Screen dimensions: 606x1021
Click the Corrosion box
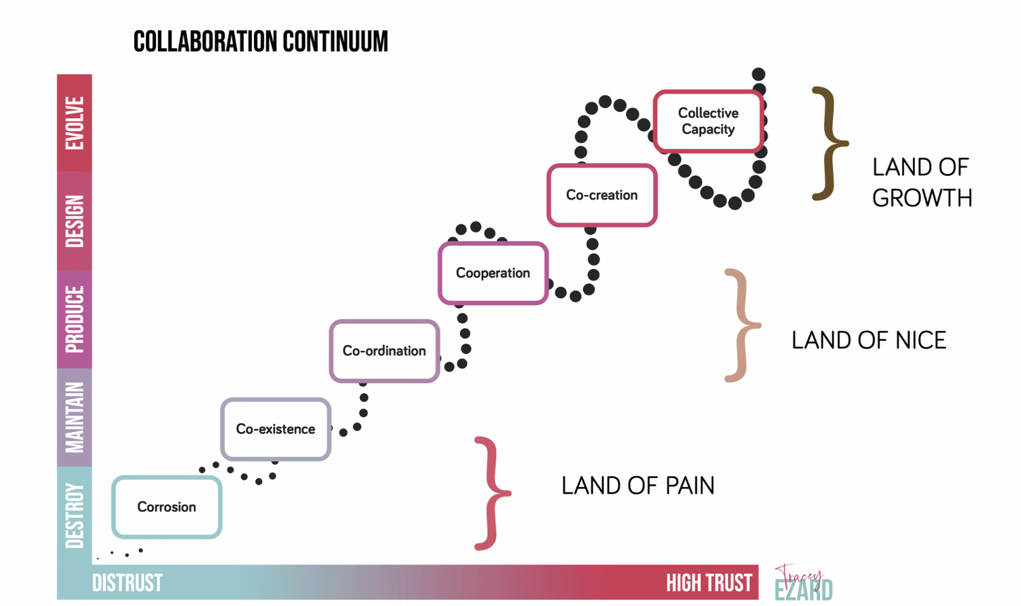(167, 507)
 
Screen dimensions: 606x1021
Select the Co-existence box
(276, 429)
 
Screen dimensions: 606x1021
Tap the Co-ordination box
(384, 351)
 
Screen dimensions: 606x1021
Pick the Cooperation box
(493, 273)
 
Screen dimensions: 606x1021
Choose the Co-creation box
(602, 195)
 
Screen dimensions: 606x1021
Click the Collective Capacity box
(708, 121)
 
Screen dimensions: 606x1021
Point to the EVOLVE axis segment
(74, 123)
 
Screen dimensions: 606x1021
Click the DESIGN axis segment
(74, 221)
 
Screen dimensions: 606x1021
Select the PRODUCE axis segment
(74, 319)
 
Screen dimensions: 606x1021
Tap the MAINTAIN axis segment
(74, 417)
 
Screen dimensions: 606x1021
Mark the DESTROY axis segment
(74, 515)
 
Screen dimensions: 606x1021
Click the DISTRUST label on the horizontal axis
(127, 583)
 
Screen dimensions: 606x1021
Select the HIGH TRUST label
(709, 583)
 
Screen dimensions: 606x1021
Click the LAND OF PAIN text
(638, 486)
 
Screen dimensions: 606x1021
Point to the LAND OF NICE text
(869, 340)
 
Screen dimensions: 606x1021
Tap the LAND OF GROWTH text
(922, 183)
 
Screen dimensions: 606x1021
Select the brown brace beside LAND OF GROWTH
(829, 143)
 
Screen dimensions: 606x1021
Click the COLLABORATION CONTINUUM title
(260, 42)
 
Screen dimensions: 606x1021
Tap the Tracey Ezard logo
(803, 583)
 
